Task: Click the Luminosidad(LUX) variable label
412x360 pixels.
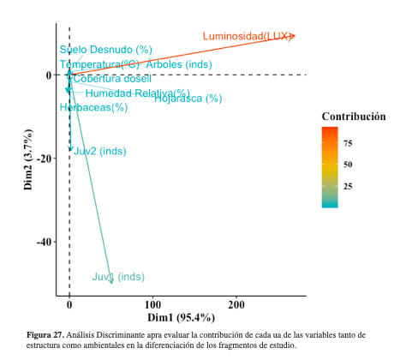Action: click(247, 36)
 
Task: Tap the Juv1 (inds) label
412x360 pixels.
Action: click(118, 277)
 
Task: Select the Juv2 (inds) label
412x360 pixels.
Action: click(100, 152)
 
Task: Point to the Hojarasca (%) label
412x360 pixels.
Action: click(189, 99)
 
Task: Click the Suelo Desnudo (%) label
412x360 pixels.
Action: click(105, 50)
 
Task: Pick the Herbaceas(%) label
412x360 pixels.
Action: click(93, 107)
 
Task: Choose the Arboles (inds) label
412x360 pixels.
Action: click(179, 64)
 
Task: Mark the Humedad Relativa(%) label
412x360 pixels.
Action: click(137, 93)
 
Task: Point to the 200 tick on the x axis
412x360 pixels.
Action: click(236, 304)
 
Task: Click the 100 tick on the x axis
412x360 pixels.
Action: click(153, 304)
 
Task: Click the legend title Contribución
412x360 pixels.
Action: click(353, 116)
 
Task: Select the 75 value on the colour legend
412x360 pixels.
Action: click(349, 143)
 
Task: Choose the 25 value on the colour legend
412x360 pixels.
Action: click(349, 186)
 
